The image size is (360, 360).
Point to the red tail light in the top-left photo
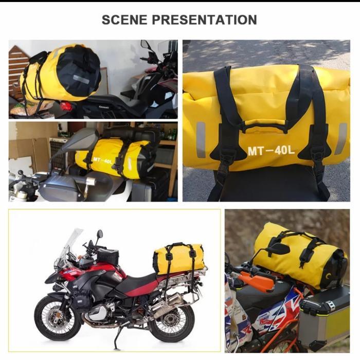pos(65,106)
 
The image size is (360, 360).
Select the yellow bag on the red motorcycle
pos(179,256)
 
